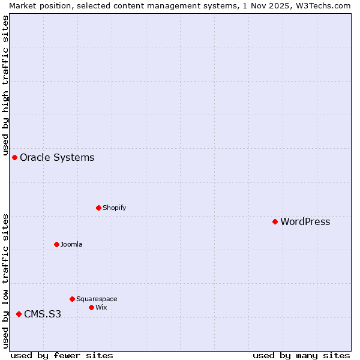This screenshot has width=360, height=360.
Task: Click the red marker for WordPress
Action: point(275,221)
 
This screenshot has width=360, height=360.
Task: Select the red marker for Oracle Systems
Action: point(14,157)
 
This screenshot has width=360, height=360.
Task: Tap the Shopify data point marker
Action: point(98,208)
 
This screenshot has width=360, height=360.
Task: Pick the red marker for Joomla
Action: point(56,244)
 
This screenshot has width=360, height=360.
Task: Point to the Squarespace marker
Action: point(72,299)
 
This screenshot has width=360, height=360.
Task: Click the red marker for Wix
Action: point(91,307)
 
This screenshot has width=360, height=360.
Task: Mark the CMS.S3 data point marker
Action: point(19,314)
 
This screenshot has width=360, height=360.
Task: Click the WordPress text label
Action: point(305,221)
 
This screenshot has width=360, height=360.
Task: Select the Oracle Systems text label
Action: point(57,157)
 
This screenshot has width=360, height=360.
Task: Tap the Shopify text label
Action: point(114,208)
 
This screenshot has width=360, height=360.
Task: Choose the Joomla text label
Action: point(71,244)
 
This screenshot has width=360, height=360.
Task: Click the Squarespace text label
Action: point(97,299)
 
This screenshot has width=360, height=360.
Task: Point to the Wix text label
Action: point(101,307)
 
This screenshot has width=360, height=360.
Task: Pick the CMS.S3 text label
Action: point(43,314)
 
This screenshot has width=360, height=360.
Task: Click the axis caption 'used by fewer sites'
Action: point(62,355)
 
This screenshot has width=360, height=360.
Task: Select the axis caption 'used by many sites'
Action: point(301,355)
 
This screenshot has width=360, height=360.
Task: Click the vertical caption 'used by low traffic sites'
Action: point(5,281)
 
